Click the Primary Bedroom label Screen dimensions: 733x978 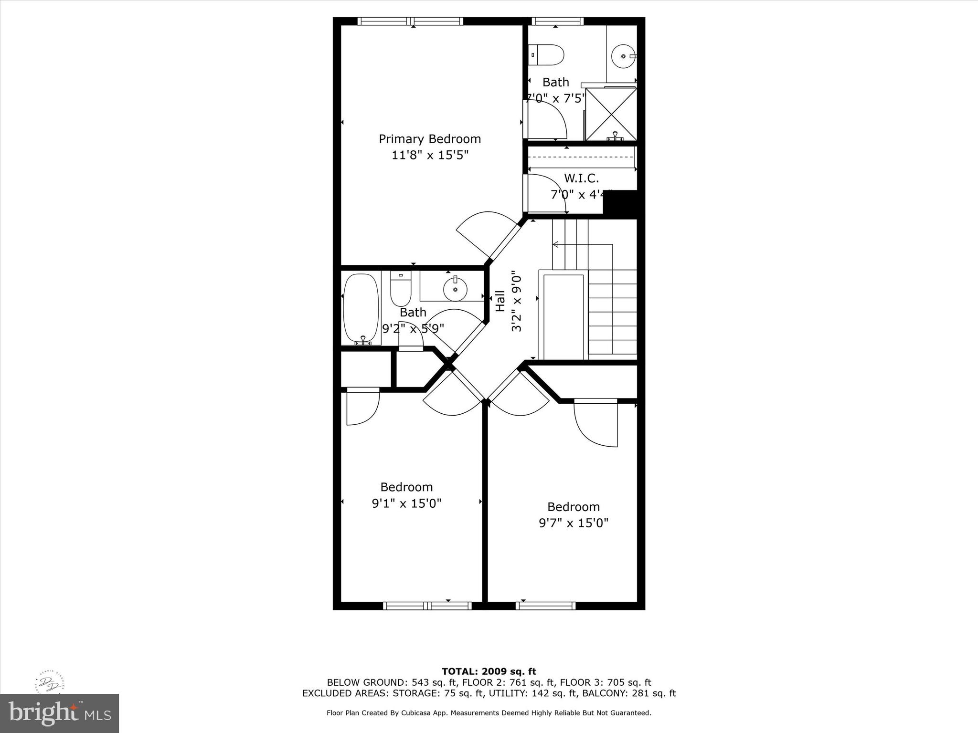[x=429, y=139]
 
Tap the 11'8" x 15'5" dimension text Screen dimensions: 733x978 [x=429, y=155]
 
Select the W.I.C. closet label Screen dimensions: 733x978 [x=581, y=178]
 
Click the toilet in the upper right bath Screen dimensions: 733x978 [x=548, y=55]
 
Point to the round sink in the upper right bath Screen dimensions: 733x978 [x=623, y=56]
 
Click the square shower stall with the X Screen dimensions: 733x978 [x=611, y=114]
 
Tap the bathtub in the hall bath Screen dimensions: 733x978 [x=361, y=308]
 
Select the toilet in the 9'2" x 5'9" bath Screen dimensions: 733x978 [x=401, y=288]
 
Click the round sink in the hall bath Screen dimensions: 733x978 [x=455, y=289]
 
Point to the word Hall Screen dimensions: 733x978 [x=500, y=301]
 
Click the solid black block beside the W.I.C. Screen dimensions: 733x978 [x=620, y=204]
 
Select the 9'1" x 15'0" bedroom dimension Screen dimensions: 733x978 [x=406, y=503]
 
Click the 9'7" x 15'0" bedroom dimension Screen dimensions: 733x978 [x=574, y=523]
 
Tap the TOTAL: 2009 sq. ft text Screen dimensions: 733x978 [x=489, y=671]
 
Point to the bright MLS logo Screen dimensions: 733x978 [x=59, y=713]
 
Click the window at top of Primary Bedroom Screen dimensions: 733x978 [x=410, y=21]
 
